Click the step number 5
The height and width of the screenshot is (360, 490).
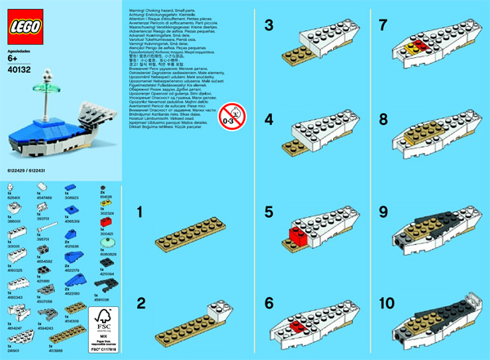(268, 214)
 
